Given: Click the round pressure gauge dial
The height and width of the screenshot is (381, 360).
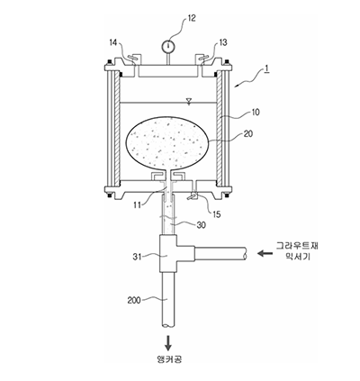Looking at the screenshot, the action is click(x=168, y=46).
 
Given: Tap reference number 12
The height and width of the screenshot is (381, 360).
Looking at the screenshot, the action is click(x=192, y=18).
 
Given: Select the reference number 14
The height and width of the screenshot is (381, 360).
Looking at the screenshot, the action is click(x=113, y=42).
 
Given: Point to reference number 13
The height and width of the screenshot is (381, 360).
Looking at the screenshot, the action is click(x=223, y=42).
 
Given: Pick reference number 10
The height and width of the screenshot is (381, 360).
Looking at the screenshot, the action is click(x=256, y=113).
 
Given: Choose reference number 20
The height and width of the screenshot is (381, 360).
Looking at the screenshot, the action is click(x=248, y=133).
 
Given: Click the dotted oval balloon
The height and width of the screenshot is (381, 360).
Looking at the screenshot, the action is click(x=168, y=143).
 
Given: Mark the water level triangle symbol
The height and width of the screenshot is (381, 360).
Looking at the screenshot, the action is click(x=189, y=101).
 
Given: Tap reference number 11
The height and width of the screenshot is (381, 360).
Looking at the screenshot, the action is click(x=138, y=205).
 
